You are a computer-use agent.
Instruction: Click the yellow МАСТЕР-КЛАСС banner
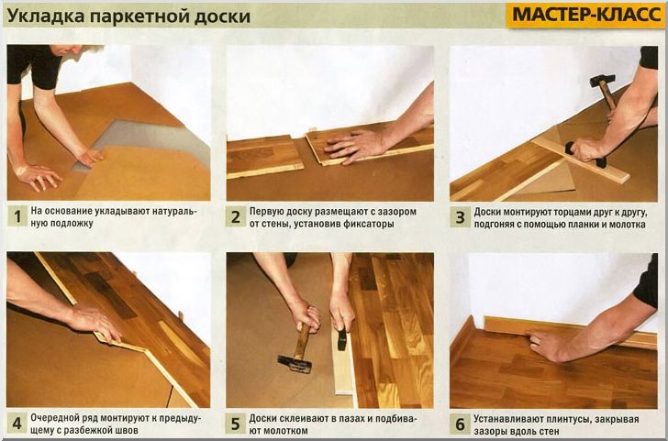[x=584, y=16]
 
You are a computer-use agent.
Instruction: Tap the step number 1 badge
[x=17, y=217]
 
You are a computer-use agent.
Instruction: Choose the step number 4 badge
[x=17, y=424]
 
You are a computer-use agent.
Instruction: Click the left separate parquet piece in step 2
[x=263, y=156]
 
